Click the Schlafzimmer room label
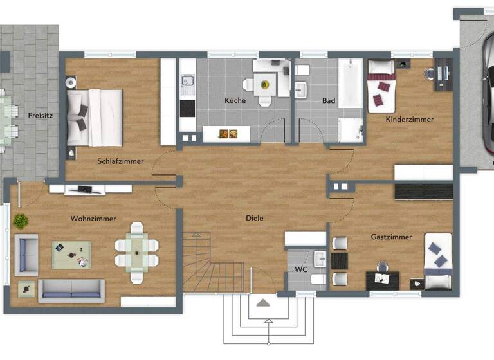point(120,161)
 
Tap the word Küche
point(235,100)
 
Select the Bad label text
point(329,100)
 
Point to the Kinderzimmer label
point(410,119)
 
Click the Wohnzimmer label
point(93,219)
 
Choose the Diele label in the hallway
point(255,218)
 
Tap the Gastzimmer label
point(391,237)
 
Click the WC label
point(301,269)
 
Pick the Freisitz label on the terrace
point(40,116)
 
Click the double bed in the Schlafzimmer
point(95,118)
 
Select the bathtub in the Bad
point(351,84)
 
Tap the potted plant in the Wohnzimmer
point(21,221)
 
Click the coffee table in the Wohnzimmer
point(71,255)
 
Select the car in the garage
point(487,96)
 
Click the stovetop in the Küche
point(187,108)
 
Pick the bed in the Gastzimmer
point(439,262)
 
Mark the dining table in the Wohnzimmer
point(136,252)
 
